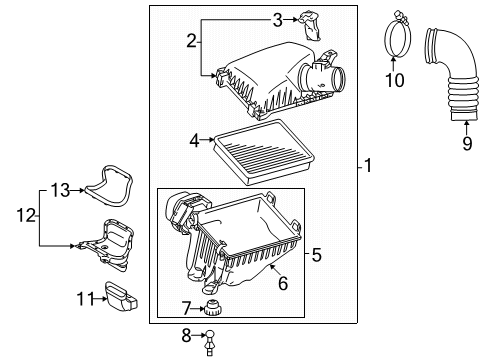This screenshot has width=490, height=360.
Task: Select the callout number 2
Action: pyautogui.click(x=191, y=41)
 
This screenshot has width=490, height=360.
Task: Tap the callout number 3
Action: pyautogui.click(x=277, y=17)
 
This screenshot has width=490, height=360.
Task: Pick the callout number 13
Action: pyautogui.click(x=61, y=189)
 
